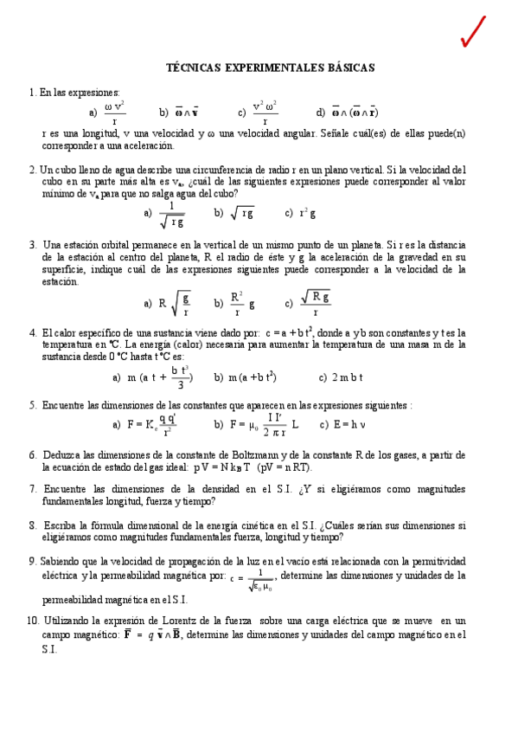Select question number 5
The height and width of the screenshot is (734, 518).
click(32, 405)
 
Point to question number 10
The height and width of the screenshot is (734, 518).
click(33, 621)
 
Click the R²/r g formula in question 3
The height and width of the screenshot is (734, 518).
click(242, 303)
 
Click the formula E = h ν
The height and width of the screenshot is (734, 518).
click(346, 425)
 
